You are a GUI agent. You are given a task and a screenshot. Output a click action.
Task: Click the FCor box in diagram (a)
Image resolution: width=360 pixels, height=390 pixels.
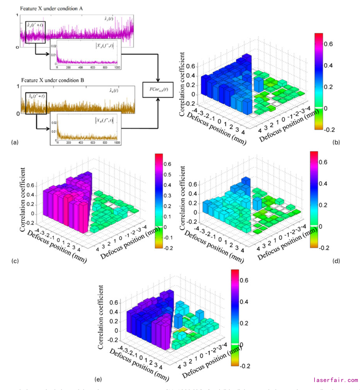pos(158,89)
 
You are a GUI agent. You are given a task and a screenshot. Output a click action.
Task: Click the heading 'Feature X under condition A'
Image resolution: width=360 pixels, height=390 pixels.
pos(51,9)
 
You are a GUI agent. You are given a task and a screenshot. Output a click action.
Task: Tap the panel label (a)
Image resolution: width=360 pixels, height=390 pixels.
pos(15,142)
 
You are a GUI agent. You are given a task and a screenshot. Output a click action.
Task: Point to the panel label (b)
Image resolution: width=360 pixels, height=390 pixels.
pos(336,142)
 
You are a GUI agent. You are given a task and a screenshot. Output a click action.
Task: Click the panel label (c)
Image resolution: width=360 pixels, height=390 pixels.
pos(15,261)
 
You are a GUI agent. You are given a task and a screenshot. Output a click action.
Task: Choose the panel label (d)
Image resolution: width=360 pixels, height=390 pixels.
pos(336,261)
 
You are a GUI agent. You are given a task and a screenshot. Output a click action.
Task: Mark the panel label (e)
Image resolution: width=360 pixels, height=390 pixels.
pos(98,379)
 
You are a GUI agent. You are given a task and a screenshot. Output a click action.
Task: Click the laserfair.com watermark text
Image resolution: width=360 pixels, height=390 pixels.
pos(336,380)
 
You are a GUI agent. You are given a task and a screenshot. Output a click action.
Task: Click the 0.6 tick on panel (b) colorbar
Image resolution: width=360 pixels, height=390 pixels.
pos(328,44)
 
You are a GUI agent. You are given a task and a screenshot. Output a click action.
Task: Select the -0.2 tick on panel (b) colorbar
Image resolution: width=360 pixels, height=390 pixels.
pos(329,130)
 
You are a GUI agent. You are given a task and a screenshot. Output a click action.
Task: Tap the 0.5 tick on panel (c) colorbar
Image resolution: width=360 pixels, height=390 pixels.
pos(168,175)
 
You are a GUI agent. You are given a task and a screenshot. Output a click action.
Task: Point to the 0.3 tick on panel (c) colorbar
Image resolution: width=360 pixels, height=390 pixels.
pos(168,196)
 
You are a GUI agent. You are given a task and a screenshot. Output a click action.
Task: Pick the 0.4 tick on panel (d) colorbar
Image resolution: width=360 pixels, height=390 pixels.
pos(323,184)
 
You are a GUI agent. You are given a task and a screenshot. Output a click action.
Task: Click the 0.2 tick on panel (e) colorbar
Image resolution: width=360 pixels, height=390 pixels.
pos(244,323)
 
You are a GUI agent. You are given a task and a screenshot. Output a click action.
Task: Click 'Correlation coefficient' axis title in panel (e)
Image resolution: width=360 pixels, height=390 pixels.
pos(101,317)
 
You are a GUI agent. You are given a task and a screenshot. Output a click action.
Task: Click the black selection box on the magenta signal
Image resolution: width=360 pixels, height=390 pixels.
pos(35,32)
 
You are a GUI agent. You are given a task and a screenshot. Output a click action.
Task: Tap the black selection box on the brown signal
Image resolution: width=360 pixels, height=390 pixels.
pos(36,103)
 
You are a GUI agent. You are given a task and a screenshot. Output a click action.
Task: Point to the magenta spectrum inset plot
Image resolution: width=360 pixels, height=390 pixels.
pos(85,54)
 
